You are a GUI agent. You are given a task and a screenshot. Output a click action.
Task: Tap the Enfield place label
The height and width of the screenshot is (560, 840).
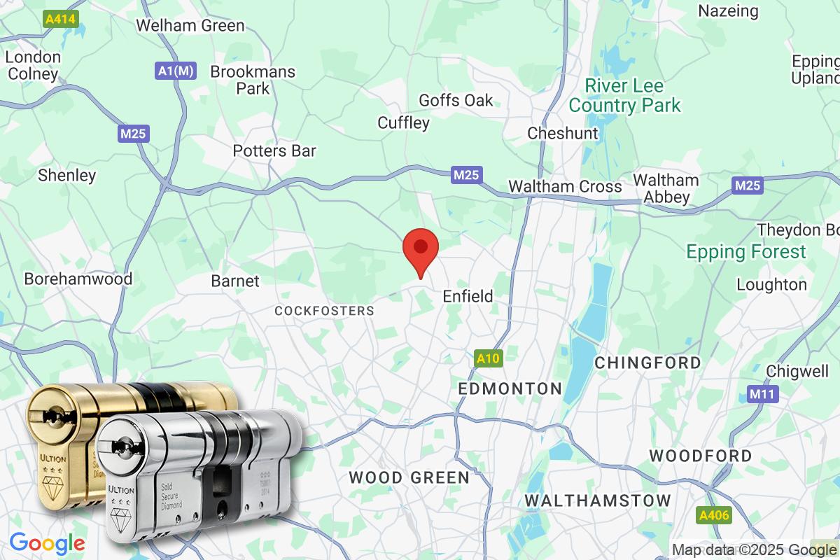[468, 296]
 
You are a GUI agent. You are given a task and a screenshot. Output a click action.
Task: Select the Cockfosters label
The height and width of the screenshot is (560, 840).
[324, 310]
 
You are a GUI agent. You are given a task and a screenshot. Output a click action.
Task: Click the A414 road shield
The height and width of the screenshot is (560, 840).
[61, 19]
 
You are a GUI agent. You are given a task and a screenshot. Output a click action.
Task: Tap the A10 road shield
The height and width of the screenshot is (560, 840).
[488, 358]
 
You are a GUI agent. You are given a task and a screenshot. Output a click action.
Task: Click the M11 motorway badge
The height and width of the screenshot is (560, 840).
[762, 394]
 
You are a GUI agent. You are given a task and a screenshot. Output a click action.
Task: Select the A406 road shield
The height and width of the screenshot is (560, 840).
[714, 516]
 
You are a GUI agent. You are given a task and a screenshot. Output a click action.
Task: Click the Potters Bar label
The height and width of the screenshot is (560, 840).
[274, 150]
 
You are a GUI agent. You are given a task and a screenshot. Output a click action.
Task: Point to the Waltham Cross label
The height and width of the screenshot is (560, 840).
[565, 186]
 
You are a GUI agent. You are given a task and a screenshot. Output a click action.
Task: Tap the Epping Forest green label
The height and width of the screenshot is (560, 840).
[746, 252]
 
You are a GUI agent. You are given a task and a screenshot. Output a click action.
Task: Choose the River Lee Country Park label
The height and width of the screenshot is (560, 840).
[624, 96]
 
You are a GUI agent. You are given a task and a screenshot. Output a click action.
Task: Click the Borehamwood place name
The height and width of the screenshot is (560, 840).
[78, 279]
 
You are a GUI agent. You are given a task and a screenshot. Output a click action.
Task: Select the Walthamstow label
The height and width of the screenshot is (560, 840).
[597, 500]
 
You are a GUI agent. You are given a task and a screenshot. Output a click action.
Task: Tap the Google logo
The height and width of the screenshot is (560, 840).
[47, 543]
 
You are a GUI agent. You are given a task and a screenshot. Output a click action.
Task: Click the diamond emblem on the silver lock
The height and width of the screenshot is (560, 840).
[122, 517]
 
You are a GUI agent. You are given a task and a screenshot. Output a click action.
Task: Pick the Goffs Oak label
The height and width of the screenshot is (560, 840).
[456, 100]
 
